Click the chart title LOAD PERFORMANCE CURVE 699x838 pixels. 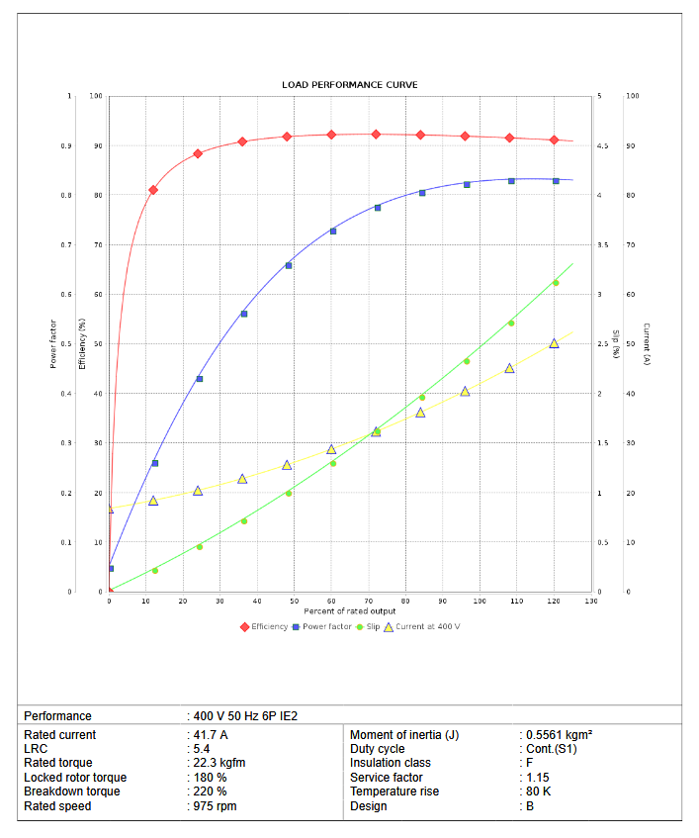click(x=349, y=85)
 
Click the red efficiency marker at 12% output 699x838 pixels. click(x=153, y=190)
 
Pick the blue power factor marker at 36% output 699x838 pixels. click(x=244, y=314)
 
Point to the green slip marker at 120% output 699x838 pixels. click(x=556, y=283)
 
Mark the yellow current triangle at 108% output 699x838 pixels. click(x=510, y=368)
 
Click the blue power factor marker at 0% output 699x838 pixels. click(x=111, y=569)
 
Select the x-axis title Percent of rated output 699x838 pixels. click(x=349, y=611)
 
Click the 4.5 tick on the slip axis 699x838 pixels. click(x=602, y=146)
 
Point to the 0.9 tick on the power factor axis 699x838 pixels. click(x=67, y=146)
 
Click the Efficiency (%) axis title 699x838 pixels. click(x=84, y=343)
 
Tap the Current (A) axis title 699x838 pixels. click(x=646, y=343)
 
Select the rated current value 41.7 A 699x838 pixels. click(x=211, y=735)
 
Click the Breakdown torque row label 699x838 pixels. click(x=71, y=791)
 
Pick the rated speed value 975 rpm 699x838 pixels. click(x=215, y=806)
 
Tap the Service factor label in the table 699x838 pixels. click(x=387, y=778)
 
